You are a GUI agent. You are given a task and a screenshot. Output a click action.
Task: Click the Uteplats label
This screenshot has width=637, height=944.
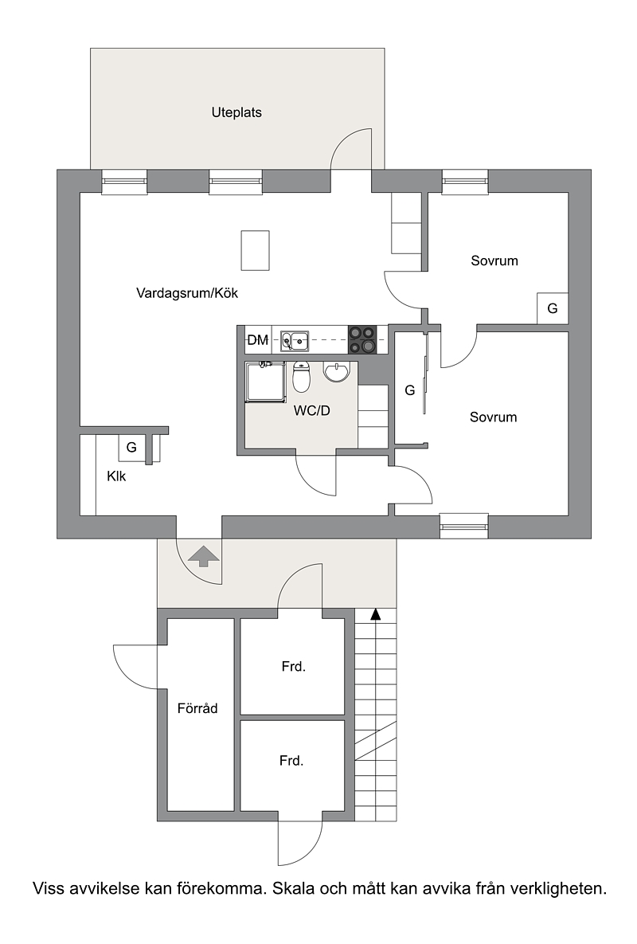click(x=236, y=112)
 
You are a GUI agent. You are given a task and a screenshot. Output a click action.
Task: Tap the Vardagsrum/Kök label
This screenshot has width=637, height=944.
click(x=187, y=293)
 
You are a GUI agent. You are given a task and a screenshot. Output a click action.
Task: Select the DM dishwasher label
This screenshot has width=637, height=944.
click(x=258, y=340)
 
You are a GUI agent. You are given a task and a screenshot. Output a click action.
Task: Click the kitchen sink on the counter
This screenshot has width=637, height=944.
click(x=295, y=341)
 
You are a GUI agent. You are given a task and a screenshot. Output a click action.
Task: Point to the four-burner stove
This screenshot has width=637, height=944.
click(x=362, y=340)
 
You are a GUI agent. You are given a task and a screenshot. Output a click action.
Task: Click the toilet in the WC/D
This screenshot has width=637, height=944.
click(x=301, y=377)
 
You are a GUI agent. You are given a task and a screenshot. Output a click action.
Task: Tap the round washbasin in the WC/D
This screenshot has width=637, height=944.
click(x=336, y=372)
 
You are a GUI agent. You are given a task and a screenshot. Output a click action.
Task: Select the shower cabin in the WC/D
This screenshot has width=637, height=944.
click(x=264, y=382)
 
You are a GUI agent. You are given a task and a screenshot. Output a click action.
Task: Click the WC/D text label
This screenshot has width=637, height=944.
click(x=311, y=411)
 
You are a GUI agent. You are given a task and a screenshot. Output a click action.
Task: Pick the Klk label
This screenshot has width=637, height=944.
click(x=116, y=476)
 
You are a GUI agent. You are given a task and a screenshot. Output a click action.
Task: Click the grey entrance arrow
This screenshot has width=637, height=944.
click(x=203, y=556)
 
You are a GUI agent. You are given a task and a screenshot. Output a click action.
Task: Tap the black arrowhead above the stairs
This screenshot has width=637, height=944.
click(x=375, y=614)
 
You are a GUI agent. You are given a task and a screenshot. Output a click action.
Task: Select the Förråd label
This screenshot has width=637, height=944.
click(x=197, y=709)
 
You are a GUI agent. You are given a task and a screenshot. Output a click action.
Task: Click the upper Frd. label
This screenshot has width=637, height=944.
click(x=294, y=667)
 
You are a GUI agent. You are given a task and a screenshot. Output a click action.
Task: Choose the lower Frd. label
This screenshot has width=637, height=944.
click(x=291, y=761)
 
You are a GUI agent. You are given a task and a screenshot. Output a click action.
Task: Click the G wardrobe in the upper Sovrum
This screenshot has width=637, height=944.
click(x=552, y=309)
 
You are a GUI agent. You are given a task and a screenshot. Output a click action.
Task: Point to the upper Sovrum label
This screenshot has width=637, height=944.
click(x=494, y=260)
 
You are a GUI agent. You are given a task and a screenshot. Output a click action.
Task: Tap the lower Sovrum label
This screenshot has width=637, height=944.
click(x=493, y=417)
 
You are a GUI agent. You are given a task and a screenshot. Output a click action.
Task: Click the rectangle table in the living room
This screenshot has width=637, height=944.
click(x=255, y=250)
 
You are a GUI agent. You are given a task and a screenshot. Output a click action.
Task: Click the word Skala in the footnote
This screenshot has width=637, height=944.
click(x=294, y=888)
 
